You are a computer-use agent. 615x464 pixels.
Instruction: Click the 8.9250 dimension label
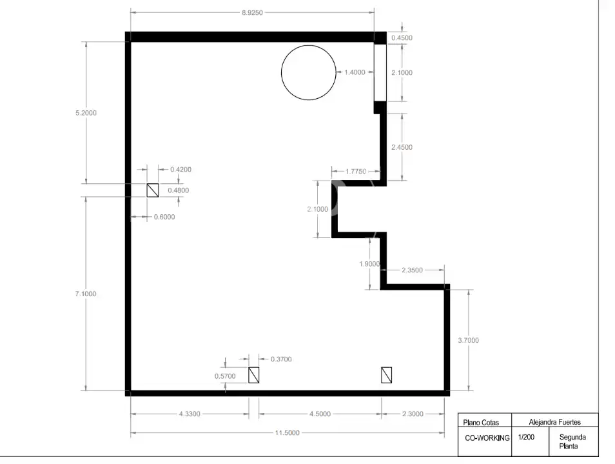tap(252, 12)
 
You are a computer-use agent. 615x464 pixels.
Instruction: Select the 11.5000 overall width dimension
tap(287, 432)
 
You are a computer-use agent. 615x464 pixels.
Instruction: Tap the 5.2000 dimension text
tap(86, 113)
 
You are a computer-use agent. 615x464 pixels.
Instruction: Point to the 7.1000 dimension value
tap(86, 294)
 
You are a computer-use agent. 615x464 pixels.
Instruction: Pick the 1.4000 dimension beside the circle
tap(355, 72)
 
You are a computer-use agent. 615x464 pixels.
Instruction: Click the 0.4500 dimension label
tap(402, 37)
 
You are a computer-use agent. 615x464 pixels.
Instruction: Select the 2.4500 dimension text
tap(402, 147)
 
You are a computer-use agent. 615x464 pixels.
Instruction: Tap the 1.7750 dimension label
tap(356, 172)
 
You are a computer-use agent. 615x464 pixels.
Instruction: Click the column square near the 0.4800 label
tap(153, 190)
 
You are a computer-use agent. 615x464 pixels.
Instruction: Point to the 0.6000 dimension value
tap(164, 217)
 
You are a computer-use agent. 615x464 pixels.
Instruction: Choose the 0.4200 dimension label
tap(181, 170)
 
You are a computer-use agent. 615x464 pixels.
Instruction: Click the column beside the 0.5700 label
tap(254, 376)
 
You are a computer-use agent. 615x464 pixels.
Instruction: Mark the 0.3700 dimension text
tap(281, 359)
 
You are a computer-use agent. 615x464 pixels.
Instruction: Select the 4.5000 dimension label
tap(320, 414)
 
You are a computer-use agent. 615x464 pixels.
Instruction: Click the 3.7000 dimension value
tap(468, 340)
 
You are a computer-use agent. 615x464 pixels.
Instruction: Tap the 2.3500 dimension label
tap(412, 270)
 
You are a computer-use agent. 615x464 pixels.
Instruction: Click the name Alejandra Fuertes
tap(554, 422)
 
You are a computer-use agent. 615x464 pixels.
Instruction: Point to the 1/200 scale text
tap(526, 437)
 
